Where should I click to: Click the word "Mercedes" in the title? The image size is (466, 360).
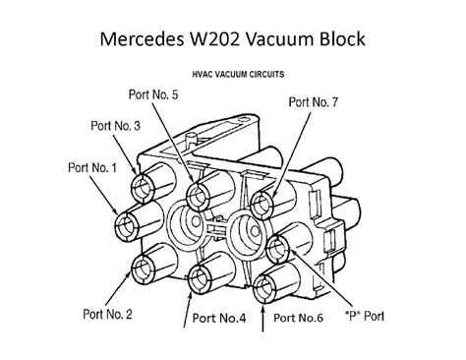click(x=146, y=41)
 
